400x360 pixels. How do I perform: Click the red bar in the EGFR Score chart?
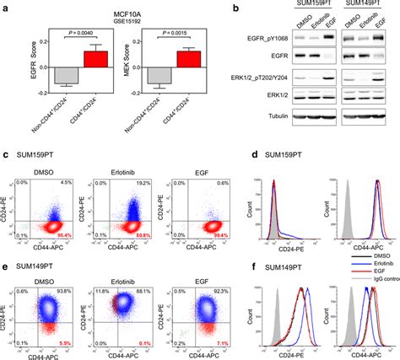97,60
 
